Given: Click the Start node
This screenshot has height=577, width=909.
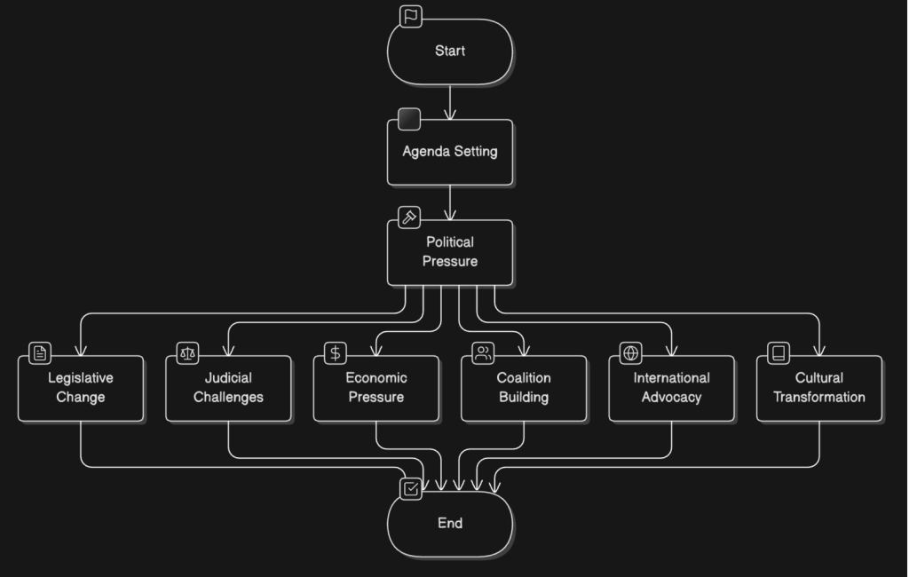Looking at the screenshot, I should pos(450,51).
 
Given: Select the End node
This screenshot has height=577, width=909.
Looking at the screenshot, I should pos(450,524).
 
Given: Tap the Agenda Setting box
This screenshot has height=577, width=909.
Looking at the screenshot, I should pos(450,152).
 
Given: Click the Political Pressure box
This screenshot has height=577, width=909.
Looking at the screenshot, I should pos(450,252).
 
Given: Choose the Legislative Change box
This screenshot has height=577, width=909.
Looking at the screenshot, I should pos(81,388).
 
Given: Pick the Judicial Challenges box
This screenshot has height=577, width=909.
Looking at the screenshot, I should pos(228,388).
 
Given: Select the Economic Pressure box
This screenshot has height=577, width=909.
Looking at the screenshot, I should pos(376,388).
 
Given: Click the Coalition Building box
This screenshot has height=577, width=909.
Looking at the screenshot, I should pos(524,388).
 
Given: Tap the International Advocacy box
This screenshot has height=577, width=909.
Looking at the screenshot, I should pos(671,388).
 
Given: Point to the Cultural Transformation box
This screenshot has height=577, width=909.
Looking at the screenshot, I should pos(819,388).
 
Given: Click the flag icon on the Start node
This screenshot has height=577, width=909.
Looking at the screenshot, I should pos(410,17).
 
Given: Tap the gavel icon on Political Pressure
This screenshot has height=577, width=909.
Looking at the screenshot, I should pos(409,218).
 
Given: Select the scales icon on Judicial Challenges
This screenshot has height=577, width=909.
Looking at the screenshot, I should pos(187,353).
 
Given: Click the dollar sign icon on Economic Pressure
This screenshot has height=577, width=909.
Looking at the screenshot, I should pos(336,353).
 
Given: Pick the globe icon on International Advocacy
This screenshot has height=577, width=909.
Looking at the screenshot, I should pos(630,353).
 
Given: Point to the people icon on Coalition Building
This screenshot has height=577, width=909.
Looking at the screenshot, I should pos(483,353).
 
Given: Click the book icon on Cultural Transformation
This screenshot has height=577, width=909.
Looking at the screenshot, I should pos(779,353).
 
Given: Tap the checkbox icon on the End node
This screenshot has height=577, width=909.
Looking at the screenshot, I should pos(410,489).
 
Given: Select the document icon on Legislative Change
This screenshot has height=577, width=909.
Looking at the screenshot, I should pos(40,353).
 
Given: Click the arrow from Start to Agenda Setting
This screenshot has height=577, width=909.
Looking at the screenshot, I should pos(450,102).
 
